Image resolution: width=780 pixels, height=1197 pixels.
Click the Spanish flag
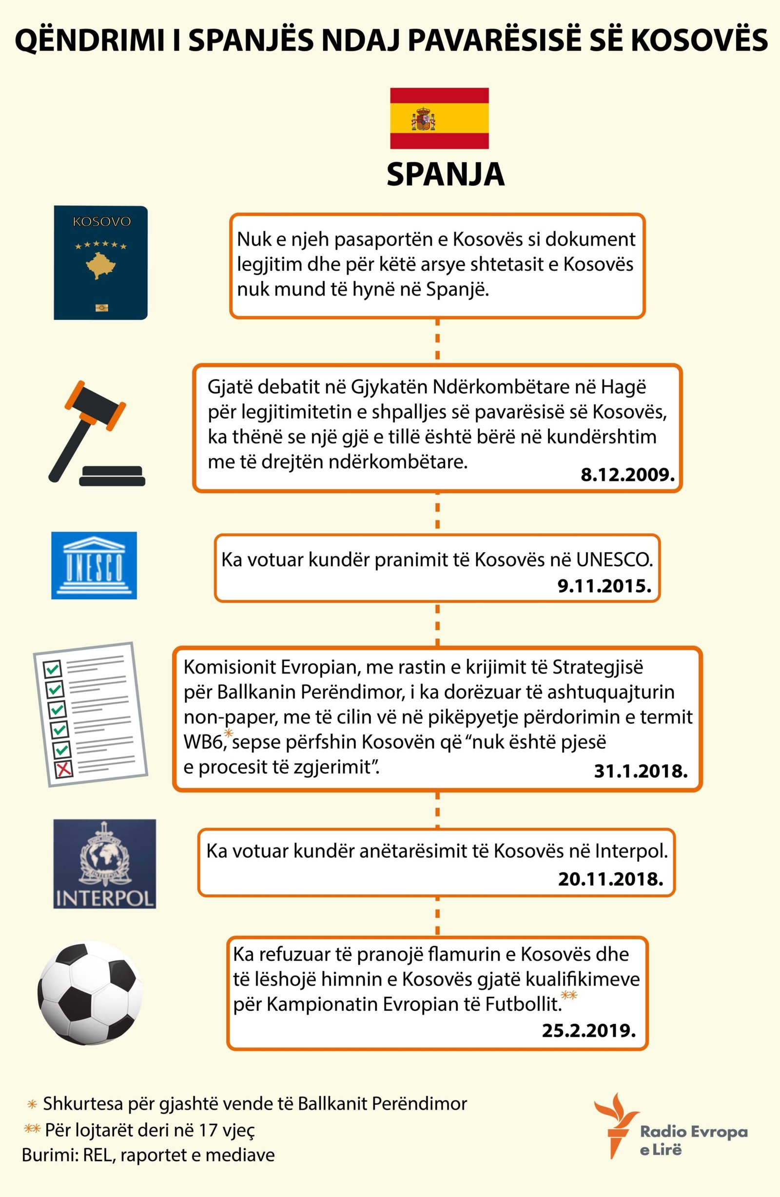439,118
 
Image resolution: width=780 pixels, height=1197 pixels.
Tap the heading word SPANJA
446,174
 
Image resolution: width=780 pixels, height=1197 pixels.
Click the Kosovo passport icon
100,263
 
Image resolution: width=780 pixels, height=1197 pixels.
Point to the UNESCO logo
94,565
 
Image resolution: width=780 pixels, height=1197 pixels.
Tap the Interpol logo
105,864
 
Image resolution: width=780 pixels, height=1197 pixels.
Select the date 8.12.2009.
627,475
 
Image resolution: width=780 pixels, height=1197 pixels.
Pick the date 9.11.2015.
604,585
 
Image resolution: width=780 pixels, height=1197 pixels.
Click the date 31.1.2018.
641,771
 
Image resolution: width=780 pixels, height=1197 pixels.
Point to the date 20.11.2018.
610,879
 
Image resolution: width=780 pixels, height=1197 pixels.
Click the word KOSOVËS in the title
699,41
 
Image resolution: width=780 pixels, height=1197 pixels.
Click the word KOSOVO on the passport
102,222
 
